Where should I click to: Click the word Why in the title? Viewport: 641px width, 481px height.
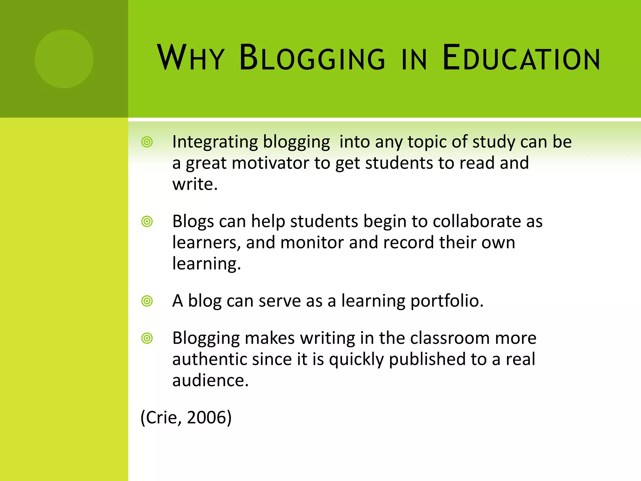tap(191, 58)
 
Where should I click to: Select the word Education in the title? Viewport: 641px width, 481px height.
tap(521, 58)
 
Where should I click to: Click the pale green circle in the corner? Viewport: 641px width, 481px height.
tap(64, 59)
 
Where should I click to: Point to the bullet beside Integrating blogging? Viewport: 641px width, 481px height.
tap(147, 142)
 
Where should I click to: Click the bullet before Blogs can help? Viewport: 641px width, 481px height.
tap(147, 222)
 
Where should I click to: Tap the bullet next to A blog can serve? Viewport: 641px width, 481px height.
tap(147, 301)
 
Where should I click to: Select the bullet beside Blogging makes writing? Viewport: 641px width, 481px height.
tap(147, 339)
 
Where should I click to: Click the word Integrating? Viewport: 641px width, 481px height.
tap(215, 142)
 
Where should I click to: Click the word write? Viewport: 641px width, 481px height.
tap(194, 184)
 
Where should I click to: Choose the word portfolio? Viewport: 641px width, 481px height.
tap(446, 301)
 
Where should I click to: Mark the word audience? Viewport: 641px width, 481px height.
tap(210, 380)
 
